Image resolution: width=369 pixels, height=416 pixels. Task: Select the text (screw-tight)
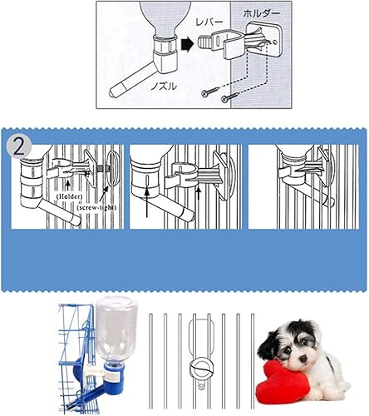coord(97,207)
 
